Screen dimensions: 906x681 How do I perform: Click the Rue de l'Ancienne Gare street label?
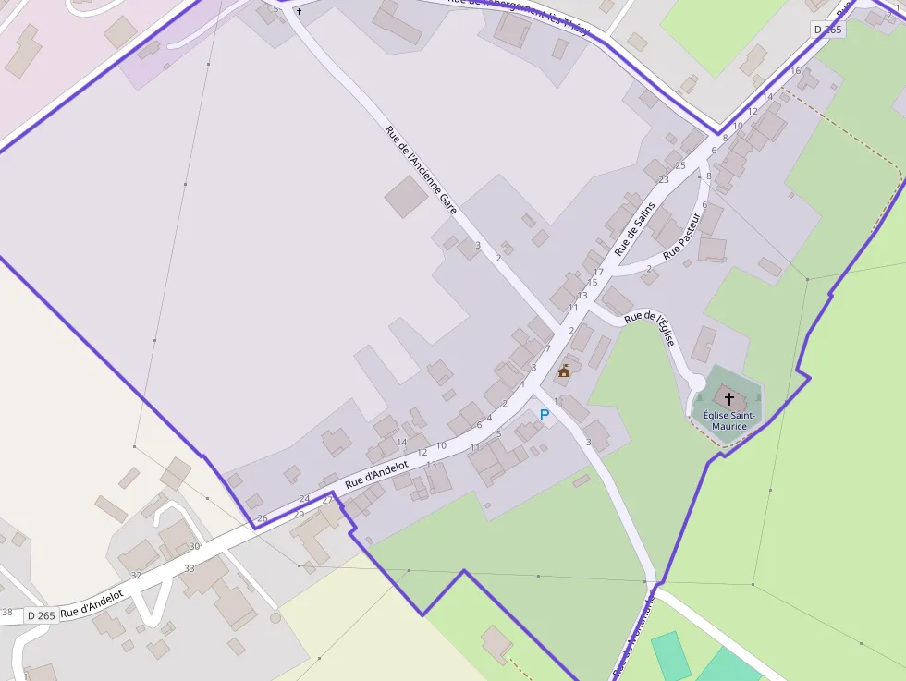(x=422, y=171)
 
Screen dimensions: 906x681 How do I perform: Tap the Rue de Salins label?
(x=635, y=228)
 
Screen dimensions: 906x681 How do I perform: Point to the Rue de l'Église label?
(x=651, y=328)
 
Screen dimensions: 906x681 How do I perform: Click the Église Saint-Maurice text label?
(x=729, y=420)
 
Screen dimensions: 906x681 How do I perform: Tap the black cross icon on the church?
(x=729, y=399)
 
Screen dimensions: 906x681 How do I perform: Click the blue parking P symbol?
(x=544, y=416)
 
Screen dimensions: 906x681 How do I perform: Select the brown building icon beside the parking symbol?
(x=564, y=371)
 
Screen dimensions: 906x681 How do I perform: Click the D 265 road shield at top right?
(x=828, y=30)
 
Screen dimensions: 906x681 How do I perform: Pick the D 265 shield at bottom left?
(x=42, y=615)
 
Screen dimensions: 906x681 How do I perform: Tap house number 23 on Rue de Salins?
(x=663, y=179)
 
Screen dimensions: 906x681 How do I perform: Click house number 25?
(x=680, y=166)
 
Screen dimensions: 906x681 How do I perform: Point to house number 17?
(x=598, y=272)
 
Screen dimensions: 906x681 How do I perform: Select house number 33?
(x=190, y=568)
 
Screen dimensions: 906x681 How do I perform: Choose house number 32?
(x=136, y=575)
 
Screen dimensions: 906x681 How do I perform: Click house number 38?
(x=7, y=612)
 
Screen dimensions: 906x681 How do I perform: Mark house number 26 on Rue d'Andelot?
(x=263, y=518)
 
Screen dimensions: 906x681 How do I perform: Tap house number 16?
(x=795, y=71)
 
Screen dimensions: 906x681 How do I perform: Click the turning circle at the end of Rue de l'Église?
(x=696, y=383)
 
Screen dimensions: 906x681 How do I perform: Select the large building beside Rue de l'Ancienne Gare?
(x=406, y=197)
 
